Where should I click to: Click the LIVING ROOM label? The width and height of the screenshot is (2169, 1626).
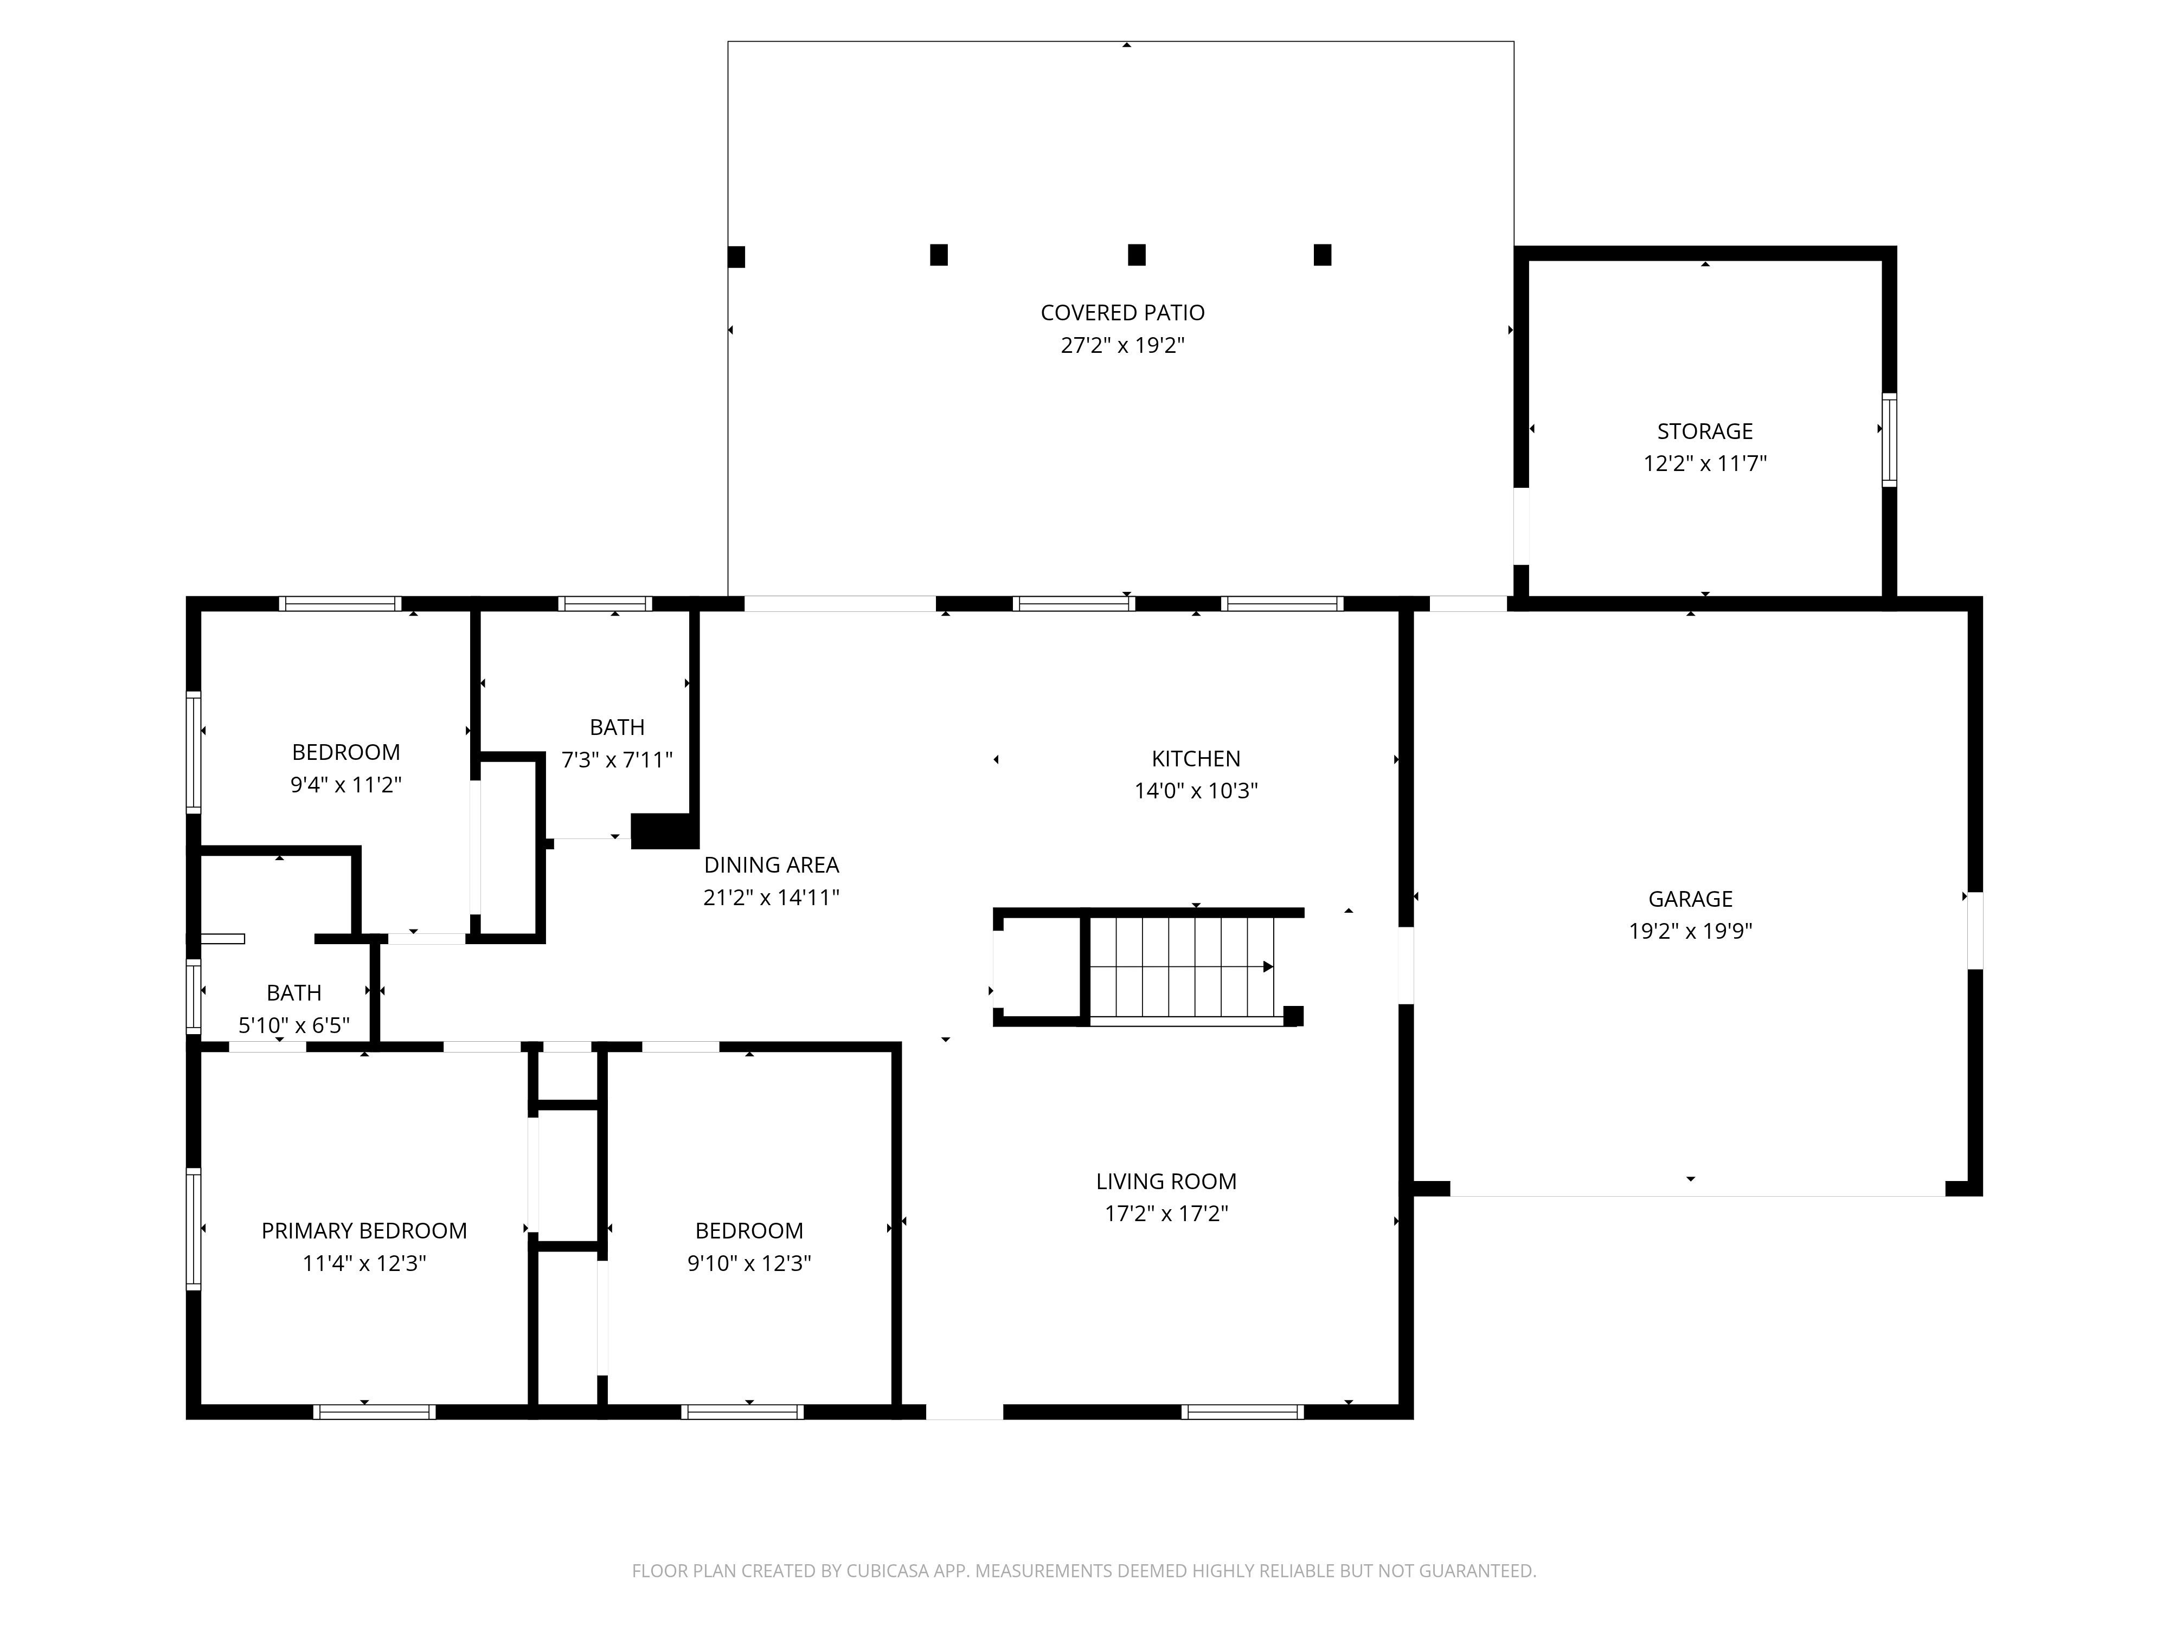coord(1166,1181)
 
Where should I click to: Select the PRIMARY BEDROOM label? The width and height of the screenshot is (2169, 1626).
coord(364,1231)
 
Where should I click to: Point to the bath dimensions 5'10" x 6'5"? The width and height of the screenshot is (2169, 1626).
coord(293,1025)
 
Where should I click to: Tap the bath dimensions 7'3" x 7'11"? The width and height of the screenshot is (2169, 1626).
coord(617,759)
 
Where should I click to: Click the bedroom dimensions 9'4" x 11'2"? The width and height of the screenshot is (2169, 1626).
coord(345,784)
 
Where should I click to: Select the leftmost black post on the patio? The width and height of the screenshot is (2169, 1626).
coord(736,257)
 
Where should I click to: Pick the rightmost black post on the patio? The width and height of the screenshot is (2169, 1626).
coord(1322,255)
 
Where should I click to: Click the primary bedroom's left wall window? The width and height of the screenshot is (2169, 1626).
coord(194,1228)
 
